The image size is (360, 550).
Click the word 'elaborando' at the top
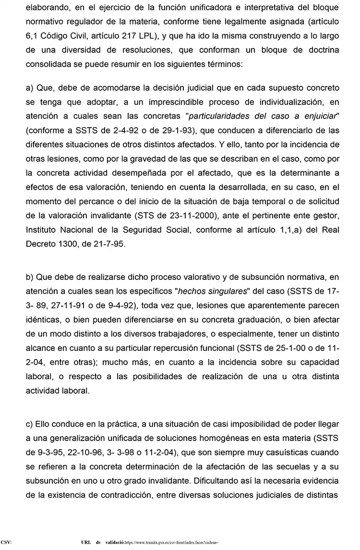(46, 8)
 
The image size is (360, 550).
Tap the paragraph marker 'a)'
(30, 89)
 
